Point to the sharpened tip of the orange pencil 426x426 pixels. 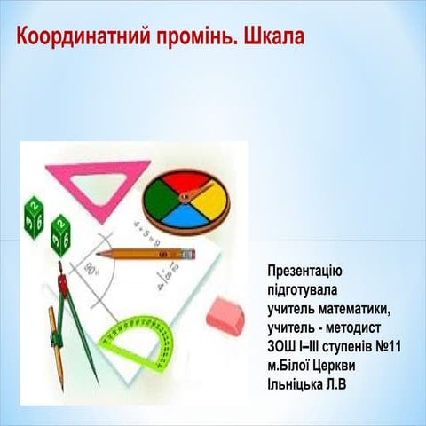coord(99,254)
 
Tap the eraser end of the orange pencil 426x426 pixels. coord(188,254)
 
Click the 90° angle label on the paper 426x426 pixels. coord(91,267)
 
